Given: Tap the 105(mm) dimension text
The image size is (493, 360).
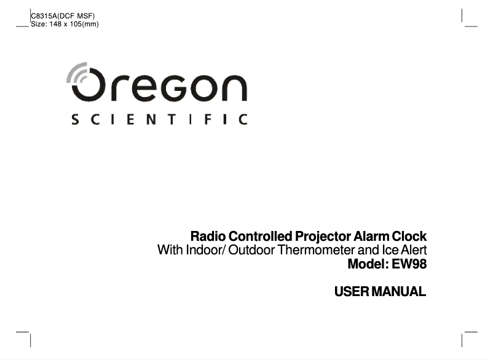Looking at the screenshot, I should point(85,24).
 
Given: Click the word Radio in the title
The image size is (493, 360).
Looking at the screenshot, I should point(208,237).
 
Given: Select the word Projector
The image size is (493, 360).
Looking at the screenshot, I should point(323,237).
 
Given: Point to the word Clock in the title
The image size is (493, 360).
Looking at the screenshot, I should point(408,237).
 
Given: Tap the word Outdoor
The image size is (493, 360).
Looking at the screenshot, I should point(249,251).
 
